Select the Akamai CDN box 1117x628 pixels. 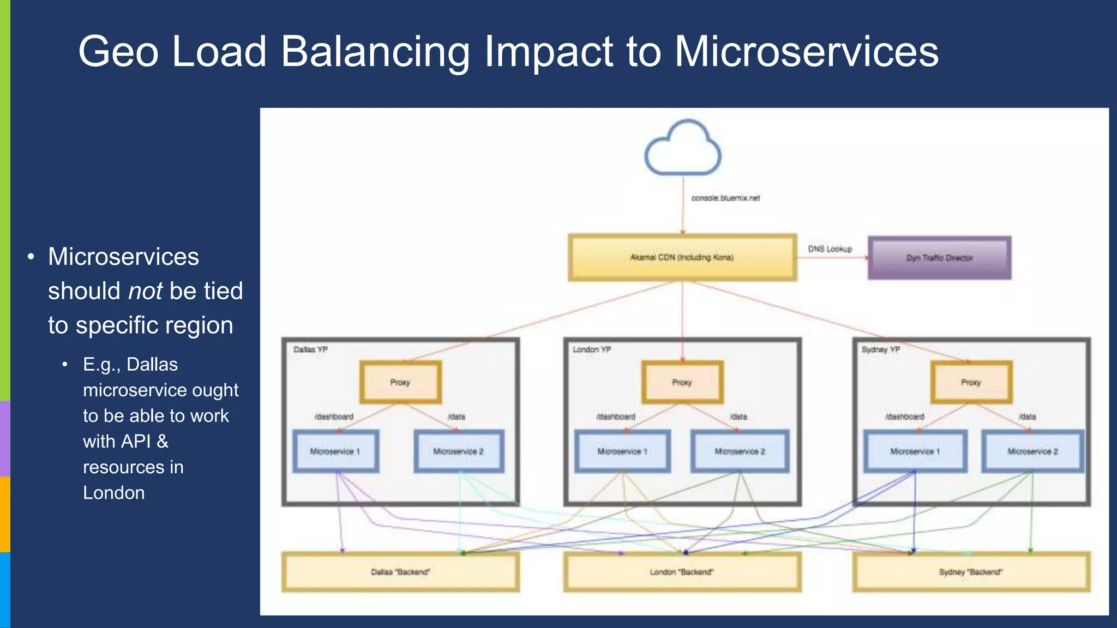coord(682,257)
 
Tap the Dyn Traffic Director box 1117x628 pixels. coord(939,258)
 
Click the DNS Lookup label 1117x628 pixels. coord(830,249)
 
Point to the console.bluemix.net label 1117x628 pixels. coord(725,198)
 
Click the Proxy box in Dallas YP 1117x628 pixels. coord(400,382)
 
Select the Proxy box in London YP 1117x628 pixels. coord(682,382)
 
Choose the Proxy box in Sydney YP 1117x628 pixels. coord(971,382)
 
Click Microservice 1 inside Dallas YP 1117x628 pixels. coord(335,451)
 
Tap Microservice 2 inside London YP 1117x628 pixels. coord(740,451)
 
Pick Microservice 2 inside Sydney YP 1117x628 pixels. coord(1032,451)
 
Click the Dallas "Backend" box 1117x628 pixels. coord(400,572)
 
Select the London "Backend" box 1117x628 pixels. coord(682,572)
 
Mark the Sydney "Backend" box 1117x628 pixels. coord(971,572)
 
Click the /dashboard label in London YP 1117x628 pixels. coord(616,416)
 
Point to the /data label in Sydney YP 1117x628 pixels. coord(1027,416)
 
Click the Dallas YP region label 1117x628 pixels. coord(310,349)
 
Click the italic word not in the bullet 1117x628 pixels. coord(145,291)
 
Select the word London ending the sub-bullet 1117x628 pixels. coord(114,493)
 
